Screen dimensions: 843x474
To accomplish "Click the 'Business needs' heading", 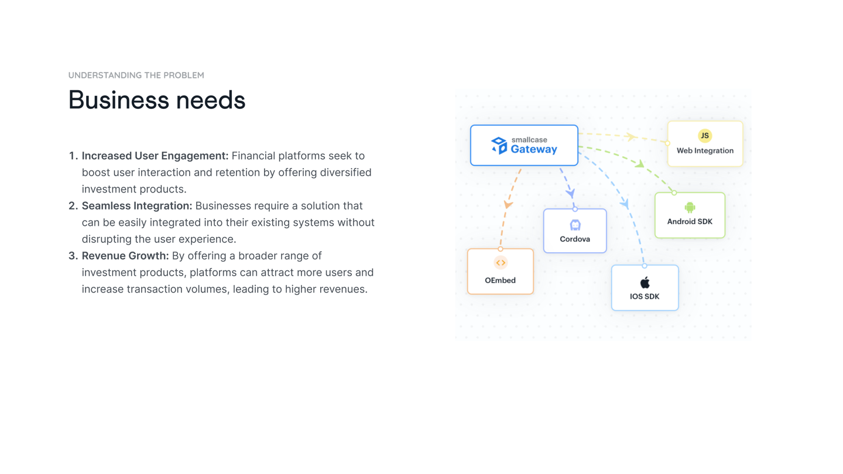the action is pos(156,100).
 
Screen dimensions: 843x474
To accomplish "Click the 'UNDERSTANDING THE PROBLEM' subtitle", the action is pos(136,75).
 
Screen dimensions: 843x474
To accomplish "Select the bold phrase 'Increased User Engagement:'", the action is pos(155,156).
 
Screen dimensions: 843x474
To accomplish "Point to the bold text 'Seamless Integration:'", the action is pos(137,206).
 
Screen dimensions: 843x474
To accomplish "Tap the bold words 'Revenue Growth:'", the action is pos(125,256).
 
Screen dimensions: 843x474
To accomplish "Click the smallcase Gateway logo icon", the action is pos(499,146).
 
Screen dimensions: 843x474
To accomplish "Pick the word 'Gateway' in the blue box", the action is pos(534,149).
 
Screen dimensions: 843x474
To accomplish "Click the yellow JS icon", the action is pos(705,136).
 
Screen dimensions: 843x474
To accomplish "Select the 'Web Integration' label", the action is pos(705,151).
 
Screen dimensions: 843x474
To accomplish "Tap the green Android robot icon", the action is pos(690,207).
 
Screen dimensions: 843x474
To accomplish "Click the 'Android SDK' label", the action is pos(690,222).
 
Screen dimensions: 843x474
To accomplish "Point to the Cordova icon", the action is pos(575,225).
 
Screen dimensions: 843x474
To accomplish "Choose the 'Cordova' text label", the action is pos(575,239).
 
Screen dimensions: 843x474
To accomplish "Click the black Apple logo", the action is pos(645,283).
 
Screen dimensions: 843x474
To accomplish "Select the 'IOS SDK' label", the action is pos(645,297).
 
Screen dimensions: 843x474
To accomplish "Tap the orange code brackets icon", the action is pos(501,263).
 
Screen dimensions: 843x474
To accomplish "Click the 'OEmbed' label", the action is pos(500,280).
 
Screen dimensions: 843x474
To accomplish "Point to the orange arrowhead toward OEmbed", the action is pos(508,205).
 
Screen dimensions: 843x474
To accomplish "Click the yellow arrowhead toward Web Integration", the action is pos(631,137).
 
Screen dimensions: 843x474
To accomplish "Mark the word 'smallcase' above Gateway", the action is pos(529,140).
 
